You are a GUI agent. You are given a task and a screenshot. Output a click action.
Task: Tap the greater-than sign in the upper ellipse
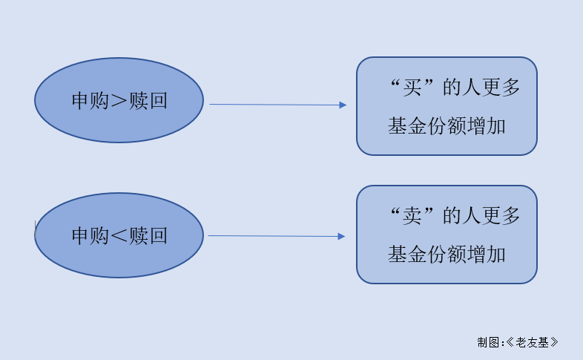point(119,101)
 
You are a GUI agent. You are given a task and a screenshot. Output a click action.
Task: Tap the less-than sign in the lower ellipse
point(119,236)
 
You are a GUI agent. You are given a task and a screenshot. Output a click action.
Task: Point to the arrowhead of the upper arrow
point(343,105)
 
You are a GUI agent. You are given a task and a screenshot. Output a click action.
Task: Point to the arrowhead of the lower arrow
point(341,237)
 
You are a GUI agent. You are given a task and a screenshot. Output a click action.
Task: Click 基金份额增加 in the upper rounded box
point(447,126)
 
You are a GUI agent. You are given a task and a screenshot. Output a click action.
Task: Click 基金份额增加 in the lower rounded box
point(447,255)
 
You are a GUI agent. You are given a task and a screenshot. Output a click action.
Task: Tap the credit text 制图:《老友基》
point(518,342)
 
